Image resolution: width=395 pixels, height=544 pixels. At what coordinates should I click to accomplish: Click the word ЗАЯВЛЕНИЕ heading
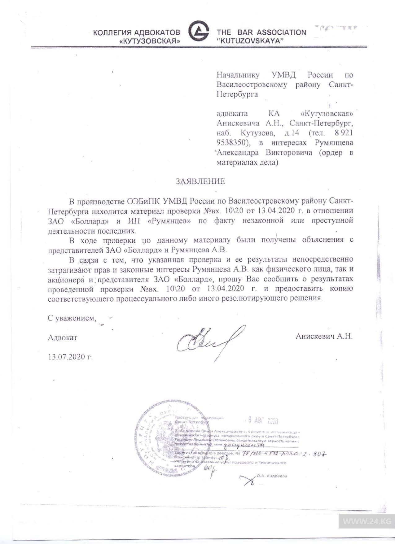pos(200,181)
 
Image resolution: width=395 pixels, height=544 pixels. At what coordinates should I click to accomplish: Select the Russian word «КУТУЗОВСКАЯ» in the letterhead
pos(150,41)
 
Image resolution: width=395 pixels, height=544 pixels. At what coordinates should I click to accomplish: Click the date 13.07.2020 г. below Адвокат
pos(70,357)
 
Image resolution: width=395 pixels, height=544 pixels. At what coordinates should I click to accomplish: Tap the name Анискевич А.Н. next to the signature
pos(324,336)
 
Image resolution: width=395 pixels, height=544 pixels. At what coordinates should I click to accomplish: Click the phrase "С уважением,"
pos(72,318)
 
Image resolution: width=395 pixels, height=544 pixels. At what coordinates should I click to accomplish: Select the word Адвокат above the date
pos(63,337)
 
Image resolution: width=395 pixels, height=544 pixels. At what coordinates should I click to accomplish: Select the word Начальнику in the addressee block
pos(238,75)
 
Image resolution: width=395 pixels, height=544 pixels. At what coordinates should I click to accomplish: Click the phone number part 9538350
pos(232,143)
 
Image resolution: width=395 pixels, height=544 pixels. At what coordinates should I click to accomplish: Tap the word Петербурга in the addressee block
pos(237,94)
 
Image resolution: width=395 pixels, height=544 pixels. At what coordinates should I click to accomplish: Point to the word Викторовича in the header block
pos(289,152)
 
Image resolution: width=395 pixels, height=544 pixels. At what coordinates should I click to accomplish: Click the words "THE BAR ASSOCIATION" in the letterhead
pos(261,32)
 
